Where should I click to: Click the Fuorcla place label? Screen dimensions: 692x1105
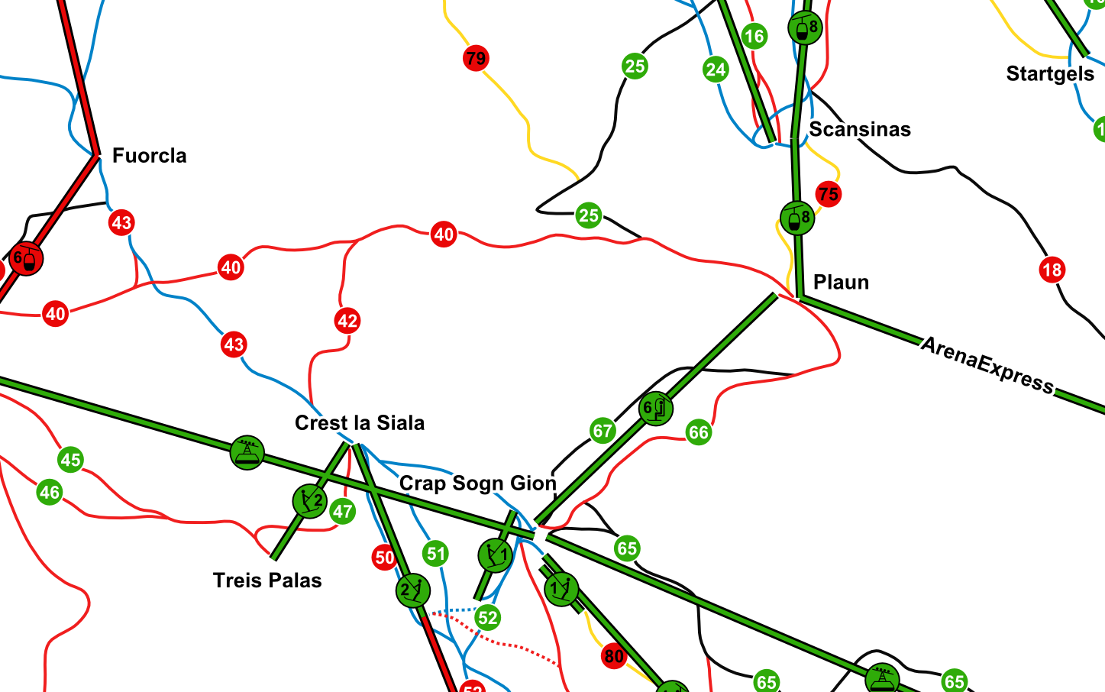[x=149, y=156]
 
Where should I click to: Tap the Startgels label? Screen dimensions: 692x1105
[x=1050, y=74]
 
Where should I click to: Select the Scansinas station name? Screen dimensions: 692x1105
[x=860, y=130]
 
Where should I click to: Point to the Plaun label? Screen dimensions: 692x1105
[x=841, y=283]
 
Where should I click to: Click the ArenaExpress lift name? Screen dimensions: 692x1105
[x=987, y=365]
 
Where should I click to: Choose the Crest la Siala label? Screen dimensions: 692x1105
[x=359, y=423]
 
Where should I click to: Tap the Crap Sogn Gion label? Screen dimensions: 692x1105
[x=477, y=483]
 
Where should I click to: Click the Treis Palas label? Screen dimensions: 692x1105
[x=267, y=580]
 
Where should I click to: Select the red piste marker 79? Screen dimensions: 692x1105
[x=476, y=58]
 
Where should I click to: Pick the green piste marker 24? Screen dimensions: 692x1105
[x=716, y=70]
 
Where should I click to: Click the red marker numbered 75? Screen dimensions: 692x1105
[x=828, y=194]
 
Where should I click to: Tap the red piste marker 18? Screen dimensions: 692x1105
[x=1052, y=270]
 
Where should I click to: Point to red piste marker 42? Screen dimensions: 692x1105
[x=347, y=321]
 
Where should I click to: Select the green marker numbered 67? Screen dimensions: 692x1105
[x=603, y=432]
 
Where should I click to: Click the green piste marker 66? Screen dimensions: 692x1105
[x=698, y=433]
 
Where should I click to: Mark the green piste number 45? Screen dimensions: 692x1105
[x=71, y=460]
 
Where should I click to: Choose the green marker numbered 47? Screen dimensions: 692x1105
[x=342, y=512]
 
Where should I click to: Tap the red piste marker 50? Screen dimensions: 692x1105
[x=384, y=558]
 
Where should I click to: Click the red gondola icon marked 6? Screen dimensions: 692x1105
[x=27, y=259]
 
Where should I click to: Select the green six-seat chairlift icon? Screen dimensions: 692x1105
[x=655, y=409]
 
